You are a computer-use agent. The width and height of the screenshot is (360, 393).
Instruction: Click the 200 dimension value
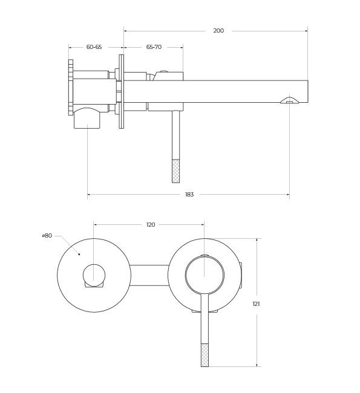pyautogui.click(x=218, y=31)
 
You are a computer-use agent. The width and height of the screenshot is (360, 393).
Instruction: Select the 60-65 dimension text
pyautogui.click(x=94, y=47)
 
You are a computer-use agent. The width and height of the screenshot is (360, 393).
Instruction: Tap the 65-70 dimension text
pyautogui.click(x=154, y=47)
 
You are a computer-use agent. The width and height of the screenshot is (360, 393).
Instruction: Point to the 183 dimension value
pyautogui.click(x=189, y=195)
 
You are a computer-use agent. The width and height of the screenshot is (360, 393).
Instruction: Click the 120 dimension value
pyautogui.click(x=151, y=224)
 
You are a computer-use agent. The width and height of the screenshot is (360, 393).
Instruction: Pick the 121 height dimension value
pyautogui.click(x=256, y=304)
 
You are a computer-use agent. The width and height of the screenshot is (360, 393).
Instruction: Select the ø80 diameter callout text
pyautogui.click(x=47, y=236)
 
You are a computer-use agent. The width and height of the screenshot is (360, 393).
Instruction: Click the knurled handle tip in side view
pyautogui.click(x=176, y=171)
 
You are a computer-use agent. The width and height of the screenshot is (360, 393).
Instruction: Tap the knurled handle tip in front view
pyautogui.click(x=205, y=355)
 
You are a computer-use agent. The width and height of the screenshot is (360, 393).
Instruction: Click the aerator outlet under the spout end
pyautogui.click(x=289, y=100)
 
